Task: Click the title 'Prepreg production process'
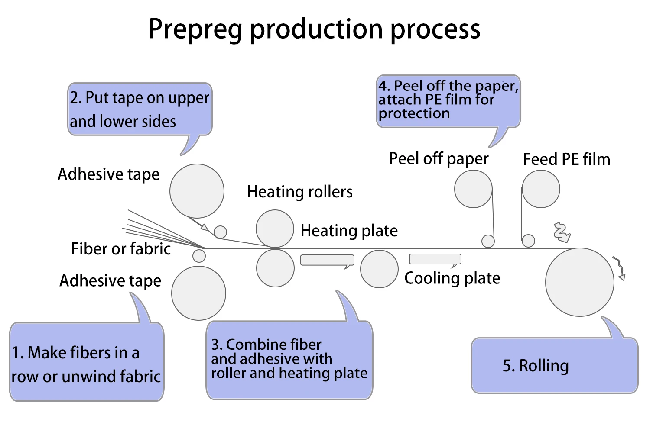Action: coord(314,29)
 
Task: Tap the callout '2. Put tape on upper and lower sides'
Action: coord(140,110)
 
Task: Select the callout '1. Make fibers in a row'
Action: coord(87,364)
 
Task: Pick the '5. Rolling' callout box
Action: coord(554,366)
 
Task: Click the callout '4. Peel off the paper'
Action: coord(448,101)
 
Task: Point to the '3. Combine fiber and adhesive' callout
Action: coord(289,359)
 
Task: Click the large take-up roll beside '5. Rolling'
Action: coord(579,282)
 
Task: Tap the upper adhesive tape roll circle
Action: coord(197,191)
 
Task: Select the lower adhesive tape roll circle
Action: coord(198,293)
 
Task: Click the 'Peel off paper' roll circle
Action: coord(473,189)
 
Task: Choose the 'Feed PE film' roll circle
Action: coord(541,189)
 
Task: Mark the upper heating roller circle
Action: coord(275,229)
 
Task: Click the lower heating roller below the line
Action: coord(275,268)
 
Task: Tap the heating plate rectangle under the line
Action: coord(327,260)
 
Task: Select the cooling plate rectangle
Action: coord(435,259)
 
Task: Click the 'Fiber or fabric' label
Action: coord(121,249)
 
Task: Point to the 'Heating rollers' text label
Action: coord(300,192)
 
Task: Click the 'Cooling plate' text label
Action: coord(452,278)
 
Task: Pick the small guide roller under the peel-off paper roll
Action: coord(488,241)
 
